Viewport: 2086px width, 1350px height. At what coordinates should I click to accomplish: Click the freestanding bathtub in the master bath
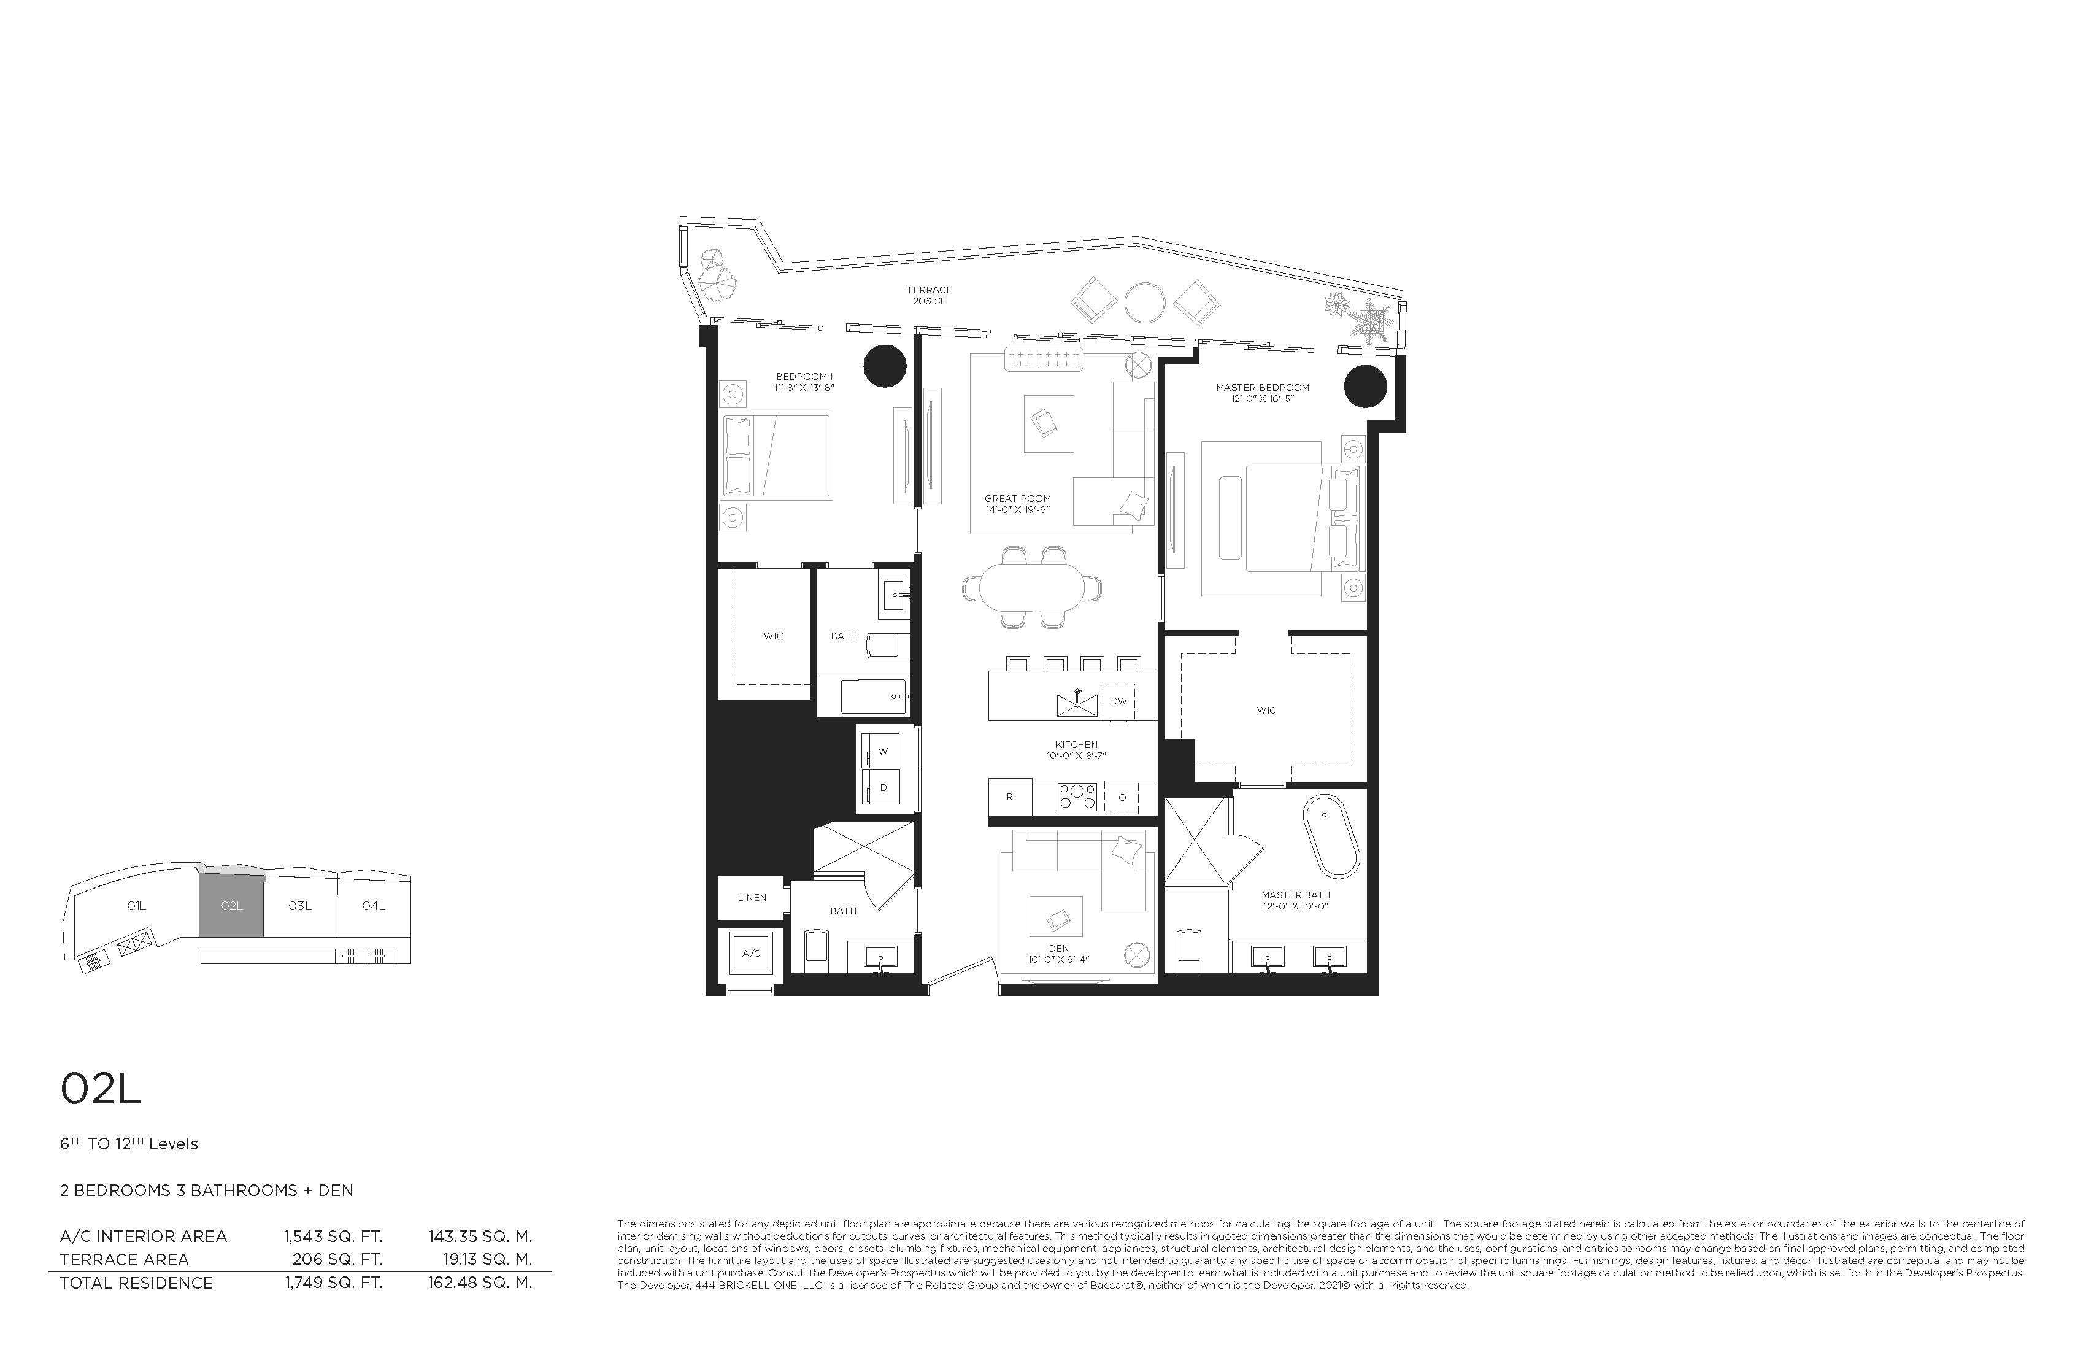(1331, 836)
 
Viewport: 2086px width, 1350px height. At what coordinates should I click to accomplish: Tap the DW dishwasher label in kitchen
(1118, 701)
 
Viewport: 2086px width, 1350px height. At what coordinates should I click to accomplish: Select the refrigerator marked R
(1010, 797)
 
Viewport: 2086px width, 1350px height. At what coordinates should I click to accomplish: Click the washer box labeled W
(883, 751)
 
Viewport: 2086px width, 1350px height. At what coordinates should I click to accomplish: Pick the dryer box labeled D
(883, 787)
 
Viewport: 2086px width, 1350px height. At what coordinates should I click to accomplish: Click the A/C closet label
(751, 953)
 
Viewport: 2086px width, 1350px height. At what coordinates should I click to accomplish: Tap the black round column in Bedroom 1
(884, 366)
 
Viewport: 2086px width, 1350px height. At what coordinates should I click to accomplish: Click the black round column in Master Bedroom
(1366, 387)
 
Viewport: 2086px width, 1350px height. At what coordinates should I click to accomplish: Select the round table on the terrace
(1145, 303)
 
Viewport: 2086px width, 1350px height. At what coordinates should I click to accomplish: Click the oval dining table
(1031, 587)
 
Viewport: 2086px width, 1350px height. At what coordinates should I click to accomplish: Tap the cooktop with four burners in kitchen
(1077, 797)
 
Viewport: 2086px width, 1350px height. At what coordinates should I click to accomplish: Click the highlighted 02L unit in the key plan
(231, 906)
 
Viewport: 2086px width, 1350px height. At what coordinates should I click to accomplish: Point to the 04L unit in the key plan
(374, 906)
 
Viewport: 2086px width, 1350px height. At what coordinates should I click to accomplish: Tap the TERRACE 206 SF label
(929, 295)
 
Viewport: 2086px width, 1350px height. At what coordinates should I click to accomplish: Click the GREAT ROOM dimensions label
(1018, 509)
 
